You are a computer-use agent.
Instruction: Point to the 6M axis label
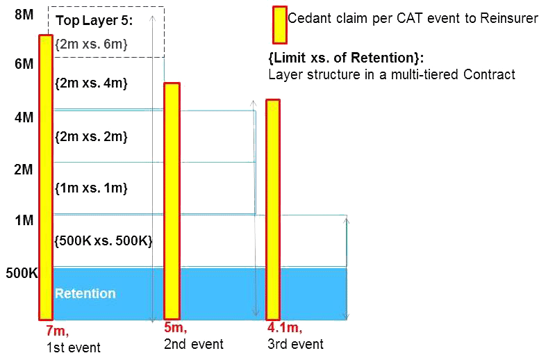(23, 64)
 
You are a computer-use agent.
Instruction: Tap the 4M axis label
(23, 117)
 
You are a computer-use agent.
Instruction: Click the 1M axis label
(23, 220)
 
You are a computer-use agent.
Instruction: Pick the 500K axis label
(21, 273)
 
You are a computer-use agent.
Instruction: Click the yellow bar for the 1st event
(46, 177)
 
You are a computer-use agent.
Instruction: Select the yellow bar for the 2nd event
(172, 200)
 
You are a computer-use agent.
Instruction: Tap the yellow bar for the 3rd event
(273, 208)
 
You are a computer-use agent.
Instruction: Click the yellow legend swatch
(279, 24)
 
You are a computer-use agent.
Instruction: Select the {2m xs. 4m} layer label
(90, 83)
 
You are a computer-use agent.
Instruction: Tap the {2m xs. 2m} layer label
(90, 136)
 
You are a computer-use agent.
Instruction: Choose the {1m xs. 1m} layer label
(90, 188)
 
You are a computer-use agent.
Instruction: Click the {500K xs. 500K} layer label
(103, 240)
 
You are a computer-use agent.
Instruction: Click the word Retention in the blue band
(85, 293)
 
